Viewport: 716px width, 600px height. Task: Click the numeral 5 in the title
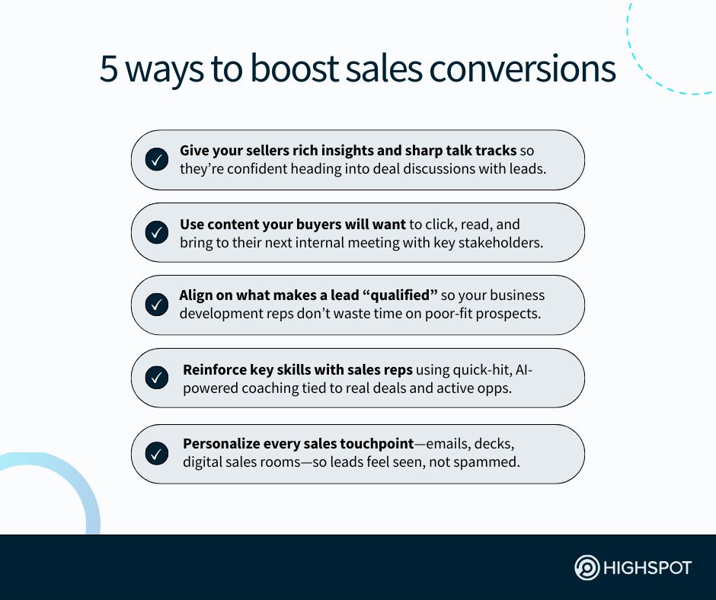(x=109, y=69)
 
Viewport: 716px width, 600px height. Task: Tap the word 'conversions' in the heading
(x=522, y=69)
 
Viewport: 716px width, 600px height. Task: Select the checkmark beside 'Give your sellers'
(x=157, y=159)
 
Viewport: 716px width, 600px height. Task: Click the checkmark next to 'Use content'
(x=157, y=232)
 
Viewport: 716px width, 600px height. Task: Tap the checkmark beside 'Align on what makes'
(x=157, y=305)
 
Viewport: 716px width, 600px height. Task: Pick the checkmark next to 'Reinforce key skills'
(x=157, y=378)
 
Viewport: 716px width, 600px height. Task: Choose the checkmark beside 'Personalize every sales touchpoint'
(x=157, y=454)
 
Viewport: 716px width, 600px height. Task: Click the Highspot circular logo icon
(x=587, y=567)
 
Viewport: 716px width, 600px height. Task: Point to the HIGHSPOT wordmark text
(x=647, y=568)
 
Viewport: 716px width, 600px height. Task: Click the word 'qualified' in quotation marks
(x=400, y=295)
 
